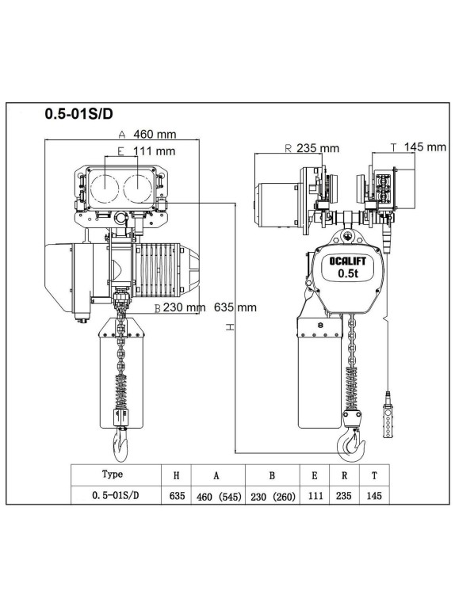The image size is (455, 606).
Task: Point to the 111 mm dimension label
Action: click(x=154, y=151)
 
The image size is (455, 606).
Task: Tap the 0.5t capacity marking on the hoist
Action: click(x=346, y=274)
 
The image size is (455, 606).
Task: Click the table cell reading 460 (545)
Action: click(x=216, y=497)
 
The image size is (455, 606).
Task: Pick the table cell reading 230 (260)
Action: click(x=272, y=497)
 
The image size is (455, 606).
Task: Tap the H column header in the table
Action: click(x=176, y=475)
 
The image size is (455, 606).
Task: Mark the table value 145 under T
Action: click(x=373, y=497)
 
